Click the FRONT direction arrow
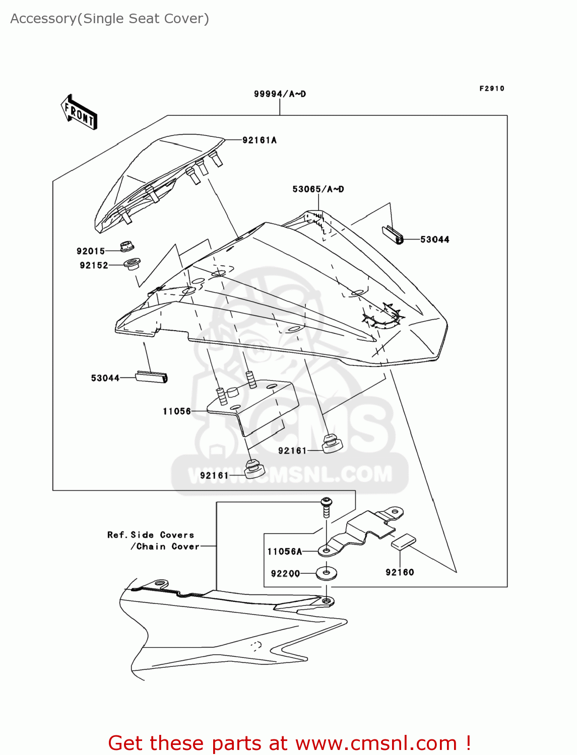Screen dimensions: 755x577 [79, 112]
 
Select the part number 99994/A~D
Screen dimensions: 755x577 [280, 94]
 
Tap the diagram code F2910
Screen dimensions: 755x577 [492, 89]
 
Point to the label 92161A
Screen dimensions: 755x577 [260, 140]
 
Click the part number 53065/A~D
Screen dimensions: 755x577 [318, 189]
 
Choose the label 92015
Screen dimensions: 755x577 [91, 251]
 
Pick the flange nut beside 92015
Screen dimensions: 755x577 [126, 247]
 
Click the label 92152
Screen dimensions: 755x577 [94, 265]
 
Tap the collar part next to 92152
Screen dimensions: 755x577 [132, 263]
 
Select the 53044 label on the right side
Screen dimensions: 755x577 [435, 240]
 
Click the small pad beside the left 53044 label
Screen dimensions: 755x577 [152, 377]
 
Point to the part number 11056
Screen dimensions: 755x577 [177, 411]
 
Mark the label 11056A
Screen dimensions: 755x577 [285, 552]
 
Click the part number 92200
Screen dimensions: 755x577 [285, 574]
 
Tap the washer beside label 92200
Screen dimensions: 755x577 [327, 573]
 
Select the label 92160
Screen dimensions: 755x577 [400, 572]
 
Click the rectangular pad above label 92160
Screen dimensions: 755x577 [404, 542]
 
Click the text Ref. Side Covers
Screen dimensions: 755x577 [151, 535]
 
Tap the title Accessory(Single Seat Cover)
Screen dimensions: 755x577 [109, 19]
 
